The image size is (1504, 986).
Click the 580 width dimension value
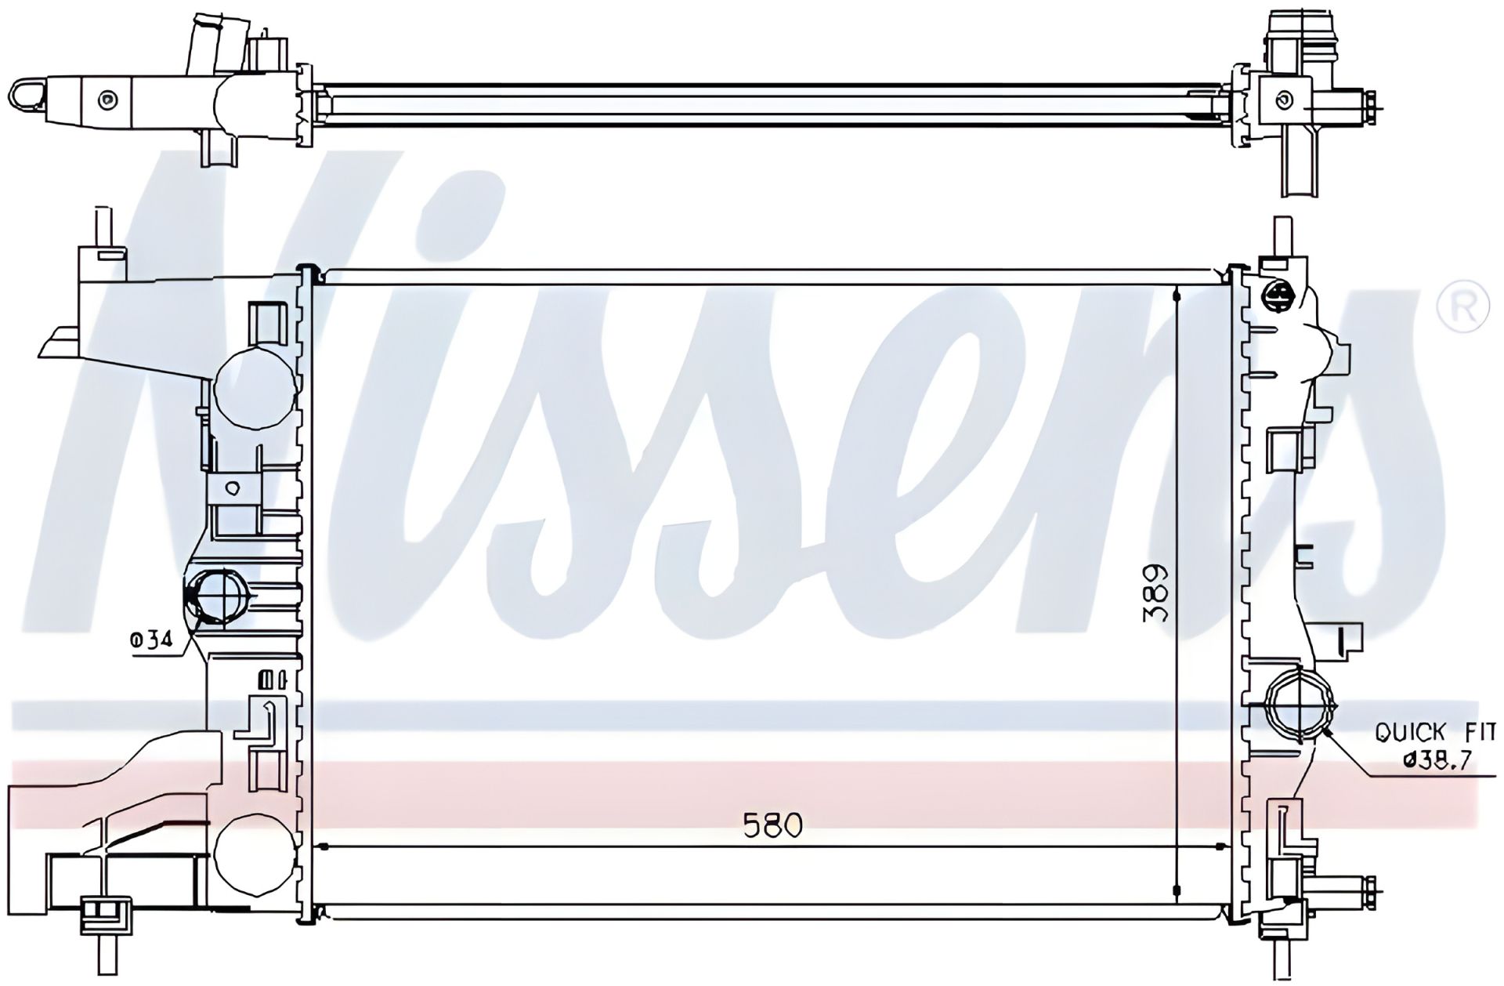tap(772, 825)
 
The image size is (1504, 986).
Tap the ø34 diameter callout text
tap(150, 640)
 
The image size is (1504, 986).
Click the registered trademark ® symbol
tap(1462, 307)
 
